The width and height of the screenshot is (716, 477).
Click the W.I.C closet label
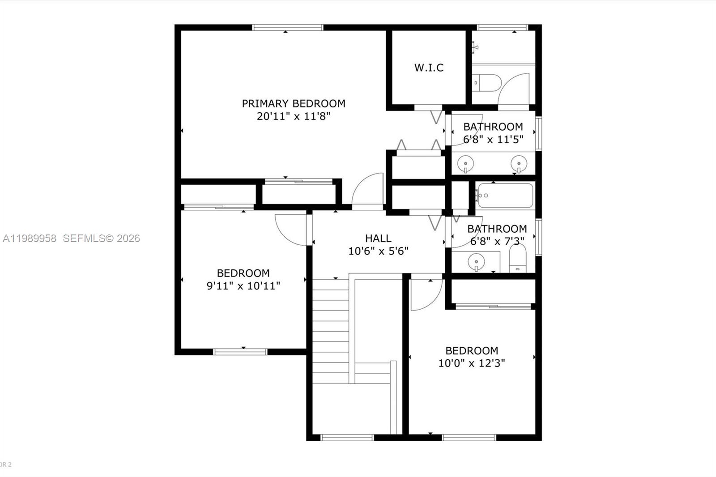pyautogui.click(x=429, y=68)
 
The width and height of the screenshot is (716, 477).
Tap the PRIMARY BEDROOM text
pyautogui.click(x=294, y=103)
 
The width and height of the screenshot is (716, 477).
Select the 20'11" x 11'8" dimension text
pyautogui.click(x=294, y=116)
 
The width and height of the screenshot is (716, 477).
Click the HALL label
pyautogui.click(x=378, y=238)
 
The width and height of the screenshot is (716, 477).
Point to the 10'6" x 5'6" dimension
pyautogui.click(x=378, y=251)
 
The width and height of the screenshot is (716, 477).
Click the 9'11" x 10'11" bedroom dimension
pyautogui.click(x=243, y=285)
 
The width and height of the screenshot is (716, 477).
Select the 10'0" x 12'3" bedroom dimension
pyautogui.click(x=471, y=363)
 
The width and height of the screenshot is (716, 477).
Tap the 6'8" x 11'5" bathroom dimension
pyautogui.click(x=493, y=140)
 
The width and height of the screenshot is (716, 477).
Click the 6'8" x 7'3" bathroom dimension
pyautogui.click(x=497, y=242)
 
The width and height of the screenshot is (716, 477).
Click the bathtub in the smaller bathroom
pyautogui.click(x=505, y=196)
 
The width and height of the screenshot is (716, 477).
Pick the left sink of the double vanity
pyautogui.click(x=465, y=163)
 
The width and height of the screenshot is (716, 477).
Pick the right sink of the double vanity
pyautogui.click(x=519, y=163)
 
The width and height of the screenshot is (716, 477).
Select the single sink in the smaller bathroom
pyautogui.click(x=476, y=261)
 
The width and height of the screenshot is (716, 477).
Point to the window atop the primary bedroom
pyautogui.click(x=287, y=27)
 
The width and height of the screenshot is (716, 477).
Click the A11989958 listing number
pyautogui.click(x=30, y=238)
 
